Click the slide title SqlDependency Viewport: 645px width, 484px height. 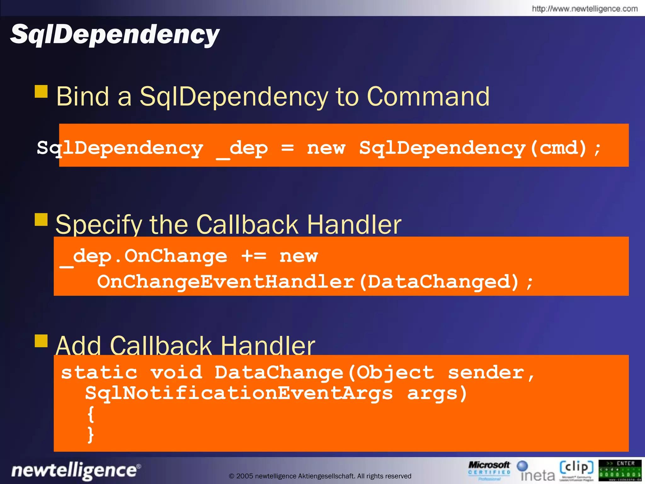click(115, 35)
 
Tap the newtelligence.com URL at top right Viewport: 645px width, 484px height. click(585, 9)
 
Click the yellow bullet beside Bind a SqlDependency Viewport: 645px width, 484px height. click(41, 91)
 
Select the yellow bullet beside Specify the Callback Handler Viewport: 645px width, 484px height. click(41, 220)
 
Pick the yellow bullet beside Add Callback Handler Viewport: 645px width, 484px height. click(41, 341)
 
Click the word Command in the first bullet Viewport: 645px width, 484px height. click(428, 96)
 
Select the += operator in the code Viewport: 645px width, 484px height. click(254, 256)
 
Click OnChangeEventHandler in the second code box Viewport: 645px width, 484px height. click(225, 281)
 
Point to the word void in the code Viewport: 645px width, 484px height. click(176, 372)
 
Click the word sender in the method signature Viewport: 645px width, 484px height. click(486, 372)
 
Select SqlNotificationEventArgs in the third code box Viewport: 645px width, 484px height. click(239, 393)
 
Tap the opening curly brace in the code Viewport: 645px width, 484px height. click(91, 414)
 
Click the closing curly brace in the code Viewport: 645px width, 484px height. click(91, 435)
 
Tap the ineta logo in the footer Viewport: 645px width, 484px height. click(536, 471)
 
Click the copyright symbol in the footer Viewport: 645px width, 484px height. click(231, 476)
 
